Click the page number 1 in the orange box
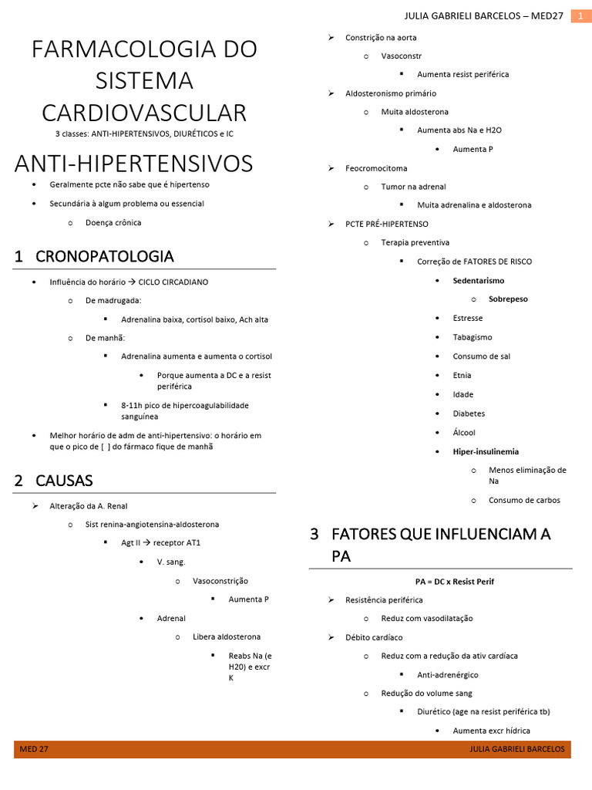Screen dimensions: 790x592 pos(580,16)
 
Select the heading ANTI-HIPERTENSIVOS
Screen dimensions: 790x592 pos(133,164)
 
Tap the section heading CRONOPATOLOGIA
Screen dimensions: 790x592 pos(104,256)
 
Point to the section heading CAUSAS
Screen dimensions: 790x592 pos(64,481)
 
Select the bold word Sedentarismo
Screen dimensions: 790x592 pos(479,281)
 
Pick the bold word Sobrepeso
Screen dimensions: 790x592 pos(508,299)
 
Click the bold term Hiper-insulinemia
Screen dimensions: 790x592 pos(486,451)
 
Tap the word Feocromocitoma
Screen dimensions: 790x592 pos(376,168)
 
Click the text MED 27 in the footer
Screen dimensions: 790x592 pos(34,749)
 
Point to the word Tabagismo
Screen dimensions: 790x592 pos(472,337)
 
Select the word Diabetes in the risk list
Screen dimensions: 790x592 pos(469,414)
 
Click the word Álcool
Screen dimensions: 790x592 pos(464,433)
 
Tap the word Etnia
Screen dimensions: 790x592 pos(462,376)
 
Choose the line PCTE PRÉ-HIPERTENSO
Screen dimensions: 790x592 pos(386,224)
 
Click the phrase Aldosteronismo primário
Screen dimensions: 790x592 pos(390,93)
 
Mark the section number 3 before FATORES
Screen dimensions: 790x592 pos(314,534)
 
